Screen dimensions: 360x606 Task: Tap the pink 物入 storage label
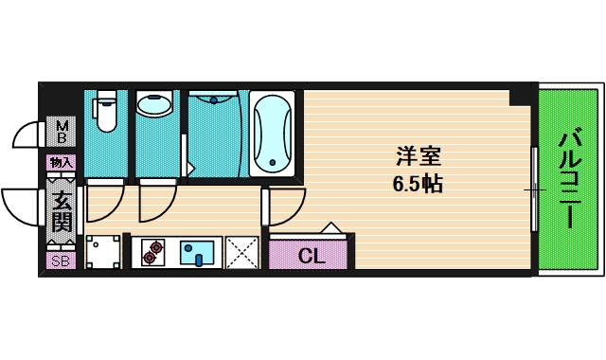coord(62,163)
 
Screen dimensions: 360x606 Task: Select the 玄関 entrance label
coord(62,212)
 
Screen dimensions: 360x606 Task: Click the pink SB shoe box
coord(62,260)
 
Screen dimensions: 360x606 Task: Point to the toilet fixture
coord(105,113)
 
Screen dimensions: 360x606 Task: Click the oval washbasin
coord(154,104)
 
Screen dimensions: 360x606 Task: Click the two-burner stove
coord(152,252)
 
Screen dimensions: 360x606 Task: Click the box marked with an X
coord(242,252)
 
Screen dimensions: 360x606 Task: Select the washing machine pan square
coord(103,252)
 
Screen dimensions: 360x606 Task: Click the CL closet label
coord(310,255)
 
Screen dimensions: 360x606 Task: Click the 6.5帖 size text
coord(418,183)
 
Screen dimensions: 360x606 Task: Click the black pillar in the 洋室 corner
coord(520,96)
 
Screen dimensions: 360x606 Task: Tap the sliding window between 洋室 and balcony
coord(535,189)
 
